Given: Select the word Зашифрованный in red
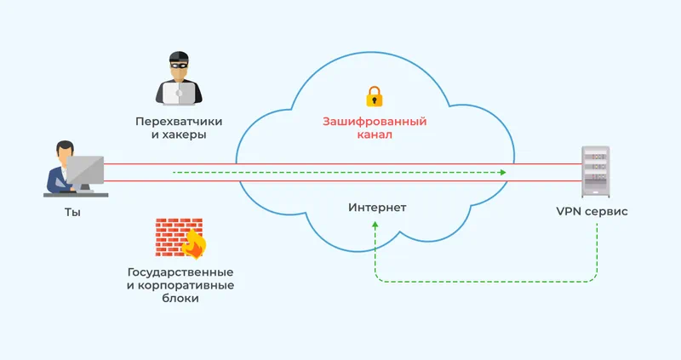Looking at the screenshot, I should [x=374, y=121].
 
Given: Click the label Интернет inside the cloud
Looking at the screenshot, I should [x=377, y=208].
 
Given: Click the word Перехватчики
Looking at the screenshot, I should [x=170, y=120].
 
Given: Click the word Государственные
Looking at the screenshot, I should [x=180, y=271].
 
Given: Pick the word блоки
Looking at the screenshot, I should [x=180, y=300].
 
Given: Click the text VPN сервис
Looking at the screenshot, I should [x=592, y=211].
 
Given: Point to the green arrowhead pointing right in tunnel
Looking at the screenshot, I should [x=503, y=173].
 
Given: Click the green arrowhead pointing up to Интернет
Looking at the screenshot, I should [x=374, y=224].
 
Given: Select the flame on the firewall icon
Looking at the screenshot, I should [x=194, y=244].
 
